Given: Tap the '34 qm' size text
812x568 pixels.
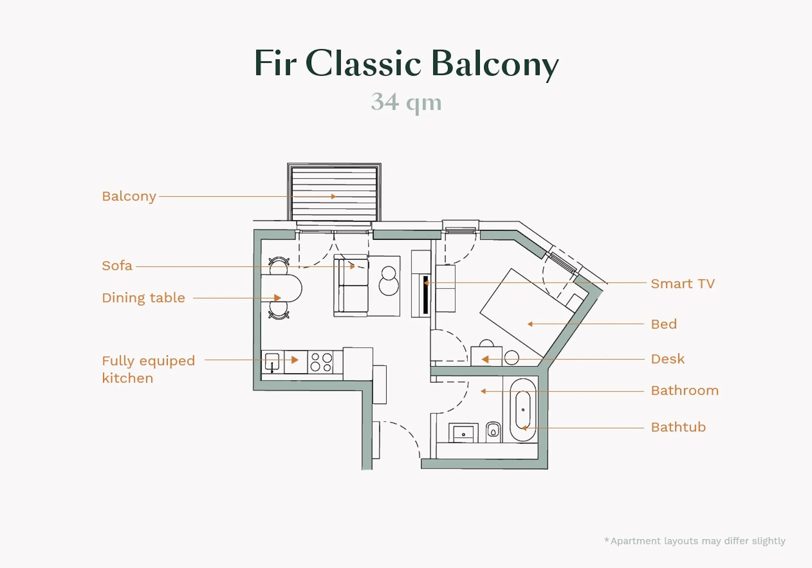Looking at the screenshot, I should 406,102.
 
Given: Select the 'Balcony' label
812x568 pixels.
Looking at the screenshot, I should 129,196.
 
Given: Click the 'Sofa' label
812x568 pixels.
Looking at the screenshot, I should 117,266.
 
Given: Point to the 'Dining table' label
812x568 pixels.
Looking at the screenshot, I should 144,298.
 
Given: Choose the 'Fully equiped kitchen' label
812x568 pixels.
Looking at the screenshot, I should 148,369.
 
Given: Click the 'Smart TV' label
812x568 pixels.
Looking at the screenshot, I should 682,284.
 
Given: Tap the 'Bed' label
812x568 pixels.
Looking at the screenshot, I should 664,324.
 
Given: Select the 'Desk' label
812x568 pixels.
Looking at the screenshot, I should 668,359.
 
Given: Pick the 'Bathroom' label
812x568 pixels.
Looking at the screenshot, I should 684,391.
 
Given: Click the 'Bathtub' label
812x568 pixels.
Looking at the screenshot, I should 678,427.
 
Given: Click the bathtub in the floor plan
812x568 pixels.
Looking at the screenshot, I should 523,411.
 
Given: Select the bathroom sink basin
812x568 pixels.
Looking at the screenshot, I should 463,433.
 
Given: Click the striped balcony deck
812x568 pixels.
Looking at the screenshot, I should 334,193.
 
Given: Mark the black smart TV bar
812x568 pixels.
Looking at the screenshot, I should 426,294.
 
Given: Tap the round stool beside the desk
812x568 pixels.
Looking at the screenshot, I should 512,358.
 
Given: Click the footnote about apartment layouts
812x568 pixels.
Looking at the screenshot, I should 695,541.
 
